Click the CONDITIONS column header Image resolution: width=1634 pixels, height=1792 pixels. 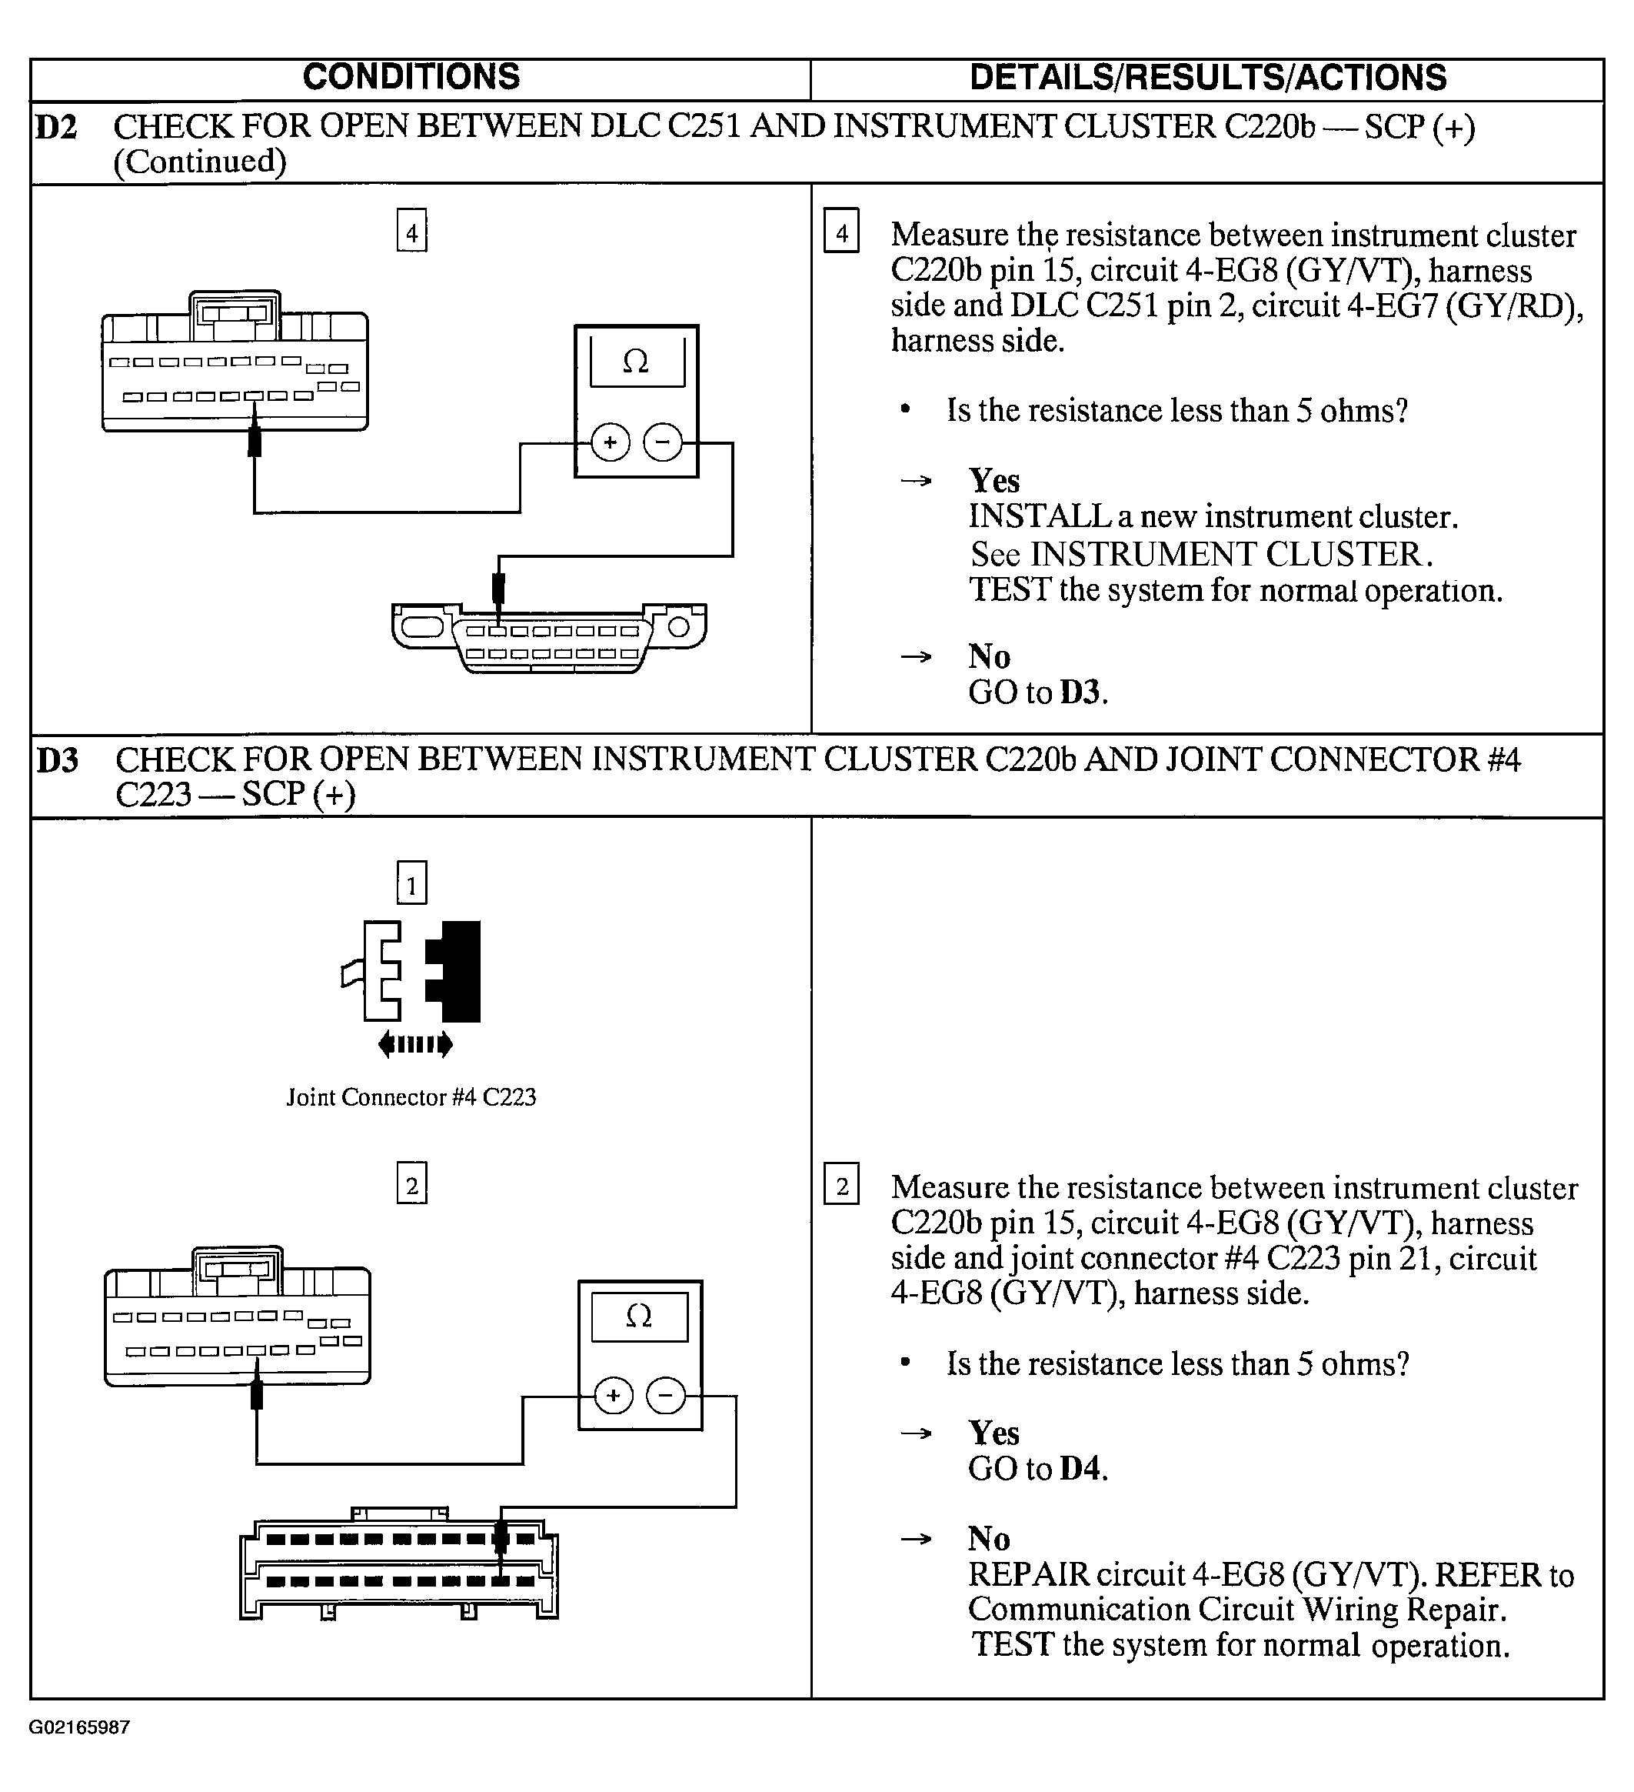[x=411, y=78]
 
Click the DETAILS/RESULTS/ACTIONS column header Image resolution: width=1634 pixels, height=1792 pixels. [x=1207, y=78]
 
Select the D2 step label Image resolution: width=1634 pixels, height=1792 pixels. [x=57, y=128]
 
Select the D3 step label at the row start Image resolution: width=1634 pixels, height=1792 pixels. [x=58, y=761]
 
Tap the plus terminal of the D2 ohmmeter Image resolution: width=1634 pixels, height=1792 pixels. [x=610, y=442]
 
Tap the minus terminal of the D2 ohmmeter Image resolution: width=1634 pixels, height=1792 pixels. [x=663, y=442]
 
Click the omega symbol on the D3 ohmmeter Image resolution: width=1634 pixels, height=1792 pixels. [x=639, y=1316]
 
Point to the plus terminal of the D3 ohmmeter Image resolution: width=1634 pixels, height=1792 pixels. [x=613, y=1396]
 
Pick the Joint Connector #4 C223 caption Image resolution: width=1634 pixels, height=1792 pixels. [x=411, y=1098]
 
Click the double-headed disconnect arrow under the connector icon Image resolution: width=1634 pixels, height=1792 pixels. [x=415, y=1044]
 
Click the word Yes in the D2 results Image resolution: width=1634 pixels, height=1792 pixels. [x=993, y=481]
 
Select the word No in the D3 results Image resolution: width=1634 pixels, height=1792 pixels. [x=989, y=1539]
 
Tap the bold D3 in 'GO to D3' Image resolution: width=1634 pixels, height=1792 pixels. [x=1081, y=692]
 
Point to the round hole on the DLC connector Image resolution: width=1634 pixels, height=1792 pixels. [x=679, y=628]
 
